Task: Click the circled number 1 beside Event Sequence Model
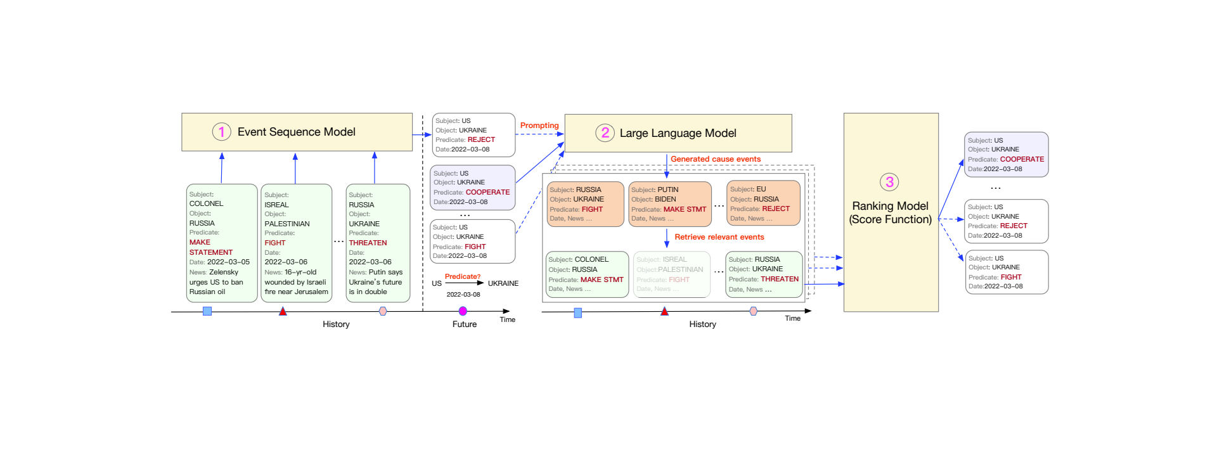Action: tap(221, 132)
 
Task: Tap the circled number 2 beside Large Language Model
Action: tap(605, 132)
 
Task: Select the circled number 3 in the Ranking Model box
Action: tap(889, 182)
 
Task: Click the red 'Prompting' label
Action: tap(539, 125)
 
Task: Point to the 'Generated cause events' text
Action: tap(715, 159)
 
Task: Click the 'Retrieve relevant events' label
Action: tap(719, 237)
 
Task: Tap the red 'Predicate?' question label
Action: tap(462, 276)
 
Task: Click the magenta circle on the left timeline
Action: tap(463, 311)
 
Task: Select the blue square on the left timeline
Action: tap(207, 311)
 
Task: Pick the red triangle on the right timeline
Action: tap(664, 311)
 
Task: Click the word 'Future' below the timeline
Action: tap(464, 324)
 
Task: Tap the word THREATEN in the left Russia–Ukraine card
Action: tap(368, 243)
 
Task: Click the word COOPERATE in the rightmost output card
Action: tap(1022, 159)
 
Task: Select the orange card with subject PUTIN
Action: tap(670, 203)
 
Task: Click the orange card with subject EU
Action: tap(763, 203)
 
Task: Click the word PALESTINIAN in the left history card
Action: tap(287, 224)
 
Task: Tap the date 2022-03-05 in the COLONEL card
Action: tap(228, 262)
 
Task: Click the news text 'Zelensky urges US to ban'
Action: tap(216, 277)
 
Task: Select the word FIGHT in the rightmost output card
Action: tap(1010, 277)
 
